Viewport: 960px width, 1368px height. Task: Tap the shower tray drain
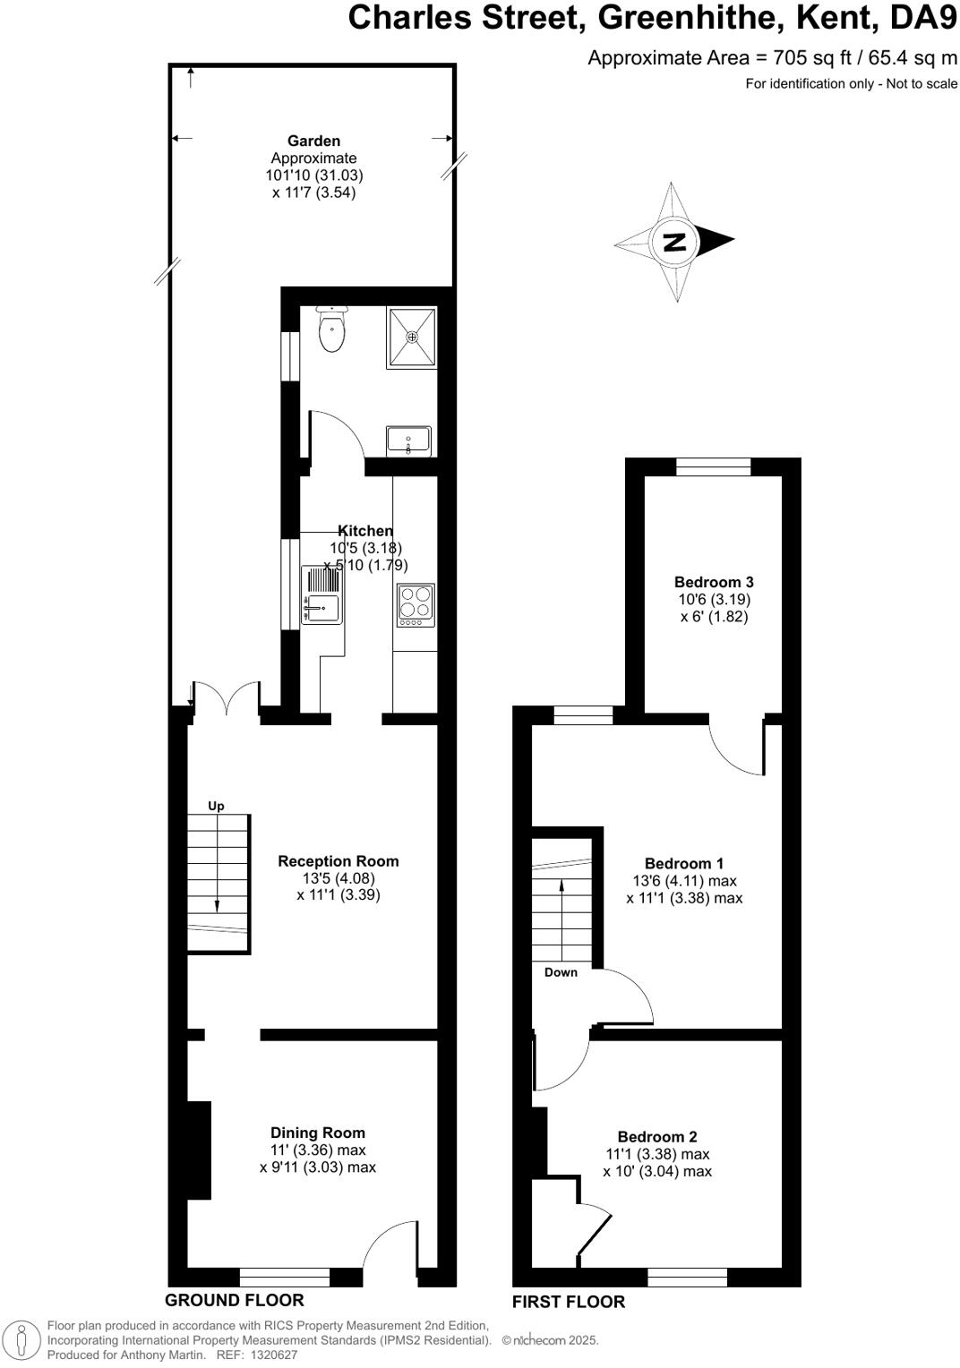point(412,337)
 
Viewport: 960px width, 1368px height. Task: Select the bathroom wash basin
point(408,440)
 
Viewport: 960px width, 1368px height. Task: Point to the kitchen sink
point(321,608)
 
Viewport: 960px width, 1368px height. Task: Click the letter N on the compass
point(675,241)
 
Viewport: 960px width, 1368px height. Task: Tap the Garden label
point(313,141)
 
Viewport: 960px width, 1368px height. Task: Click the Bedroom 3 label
point(714,582)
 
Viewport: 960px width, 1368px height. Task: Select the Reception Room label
point(338,861)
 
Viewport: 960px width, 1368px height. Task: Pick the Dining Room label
point(318,1133)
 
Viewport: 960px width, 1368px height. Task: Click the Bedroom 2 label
point(657,1137)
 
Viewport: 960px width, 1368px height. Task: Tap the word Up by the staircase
point(216,806)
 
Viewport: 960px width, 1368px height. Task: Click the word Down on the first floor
point(561,972)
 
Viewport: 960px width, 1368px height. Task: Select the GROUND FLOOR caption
point(235,1300)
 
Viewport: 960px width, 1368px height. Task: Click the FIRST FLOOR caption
point(569,1302)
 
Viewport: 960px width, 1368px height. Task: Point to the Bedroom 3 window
point(713,466)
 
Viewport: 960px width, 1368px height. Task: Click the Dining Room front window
point(285,1278)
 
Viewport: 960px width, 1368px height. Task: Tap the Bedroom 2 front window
point(687,1278)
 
